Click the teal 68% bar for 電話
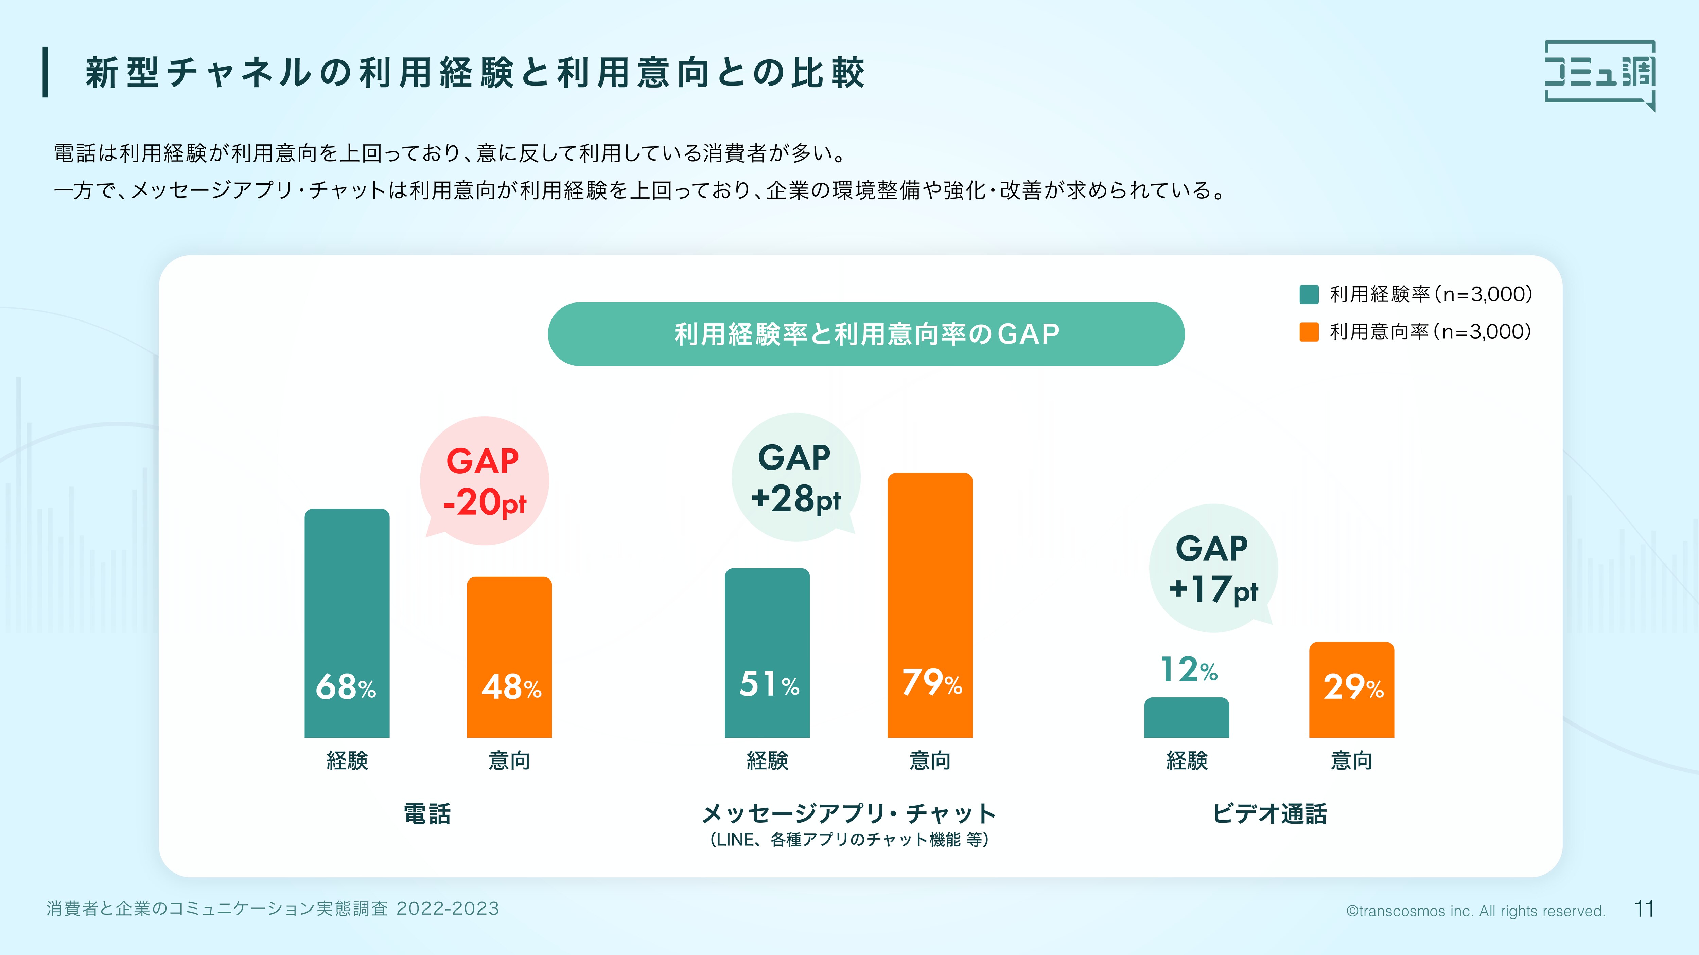coord(347,623)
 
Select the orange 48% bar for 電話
coord(509,657)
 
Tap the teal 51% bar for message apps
coord(767,653)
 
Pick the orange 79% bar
coord(930,605)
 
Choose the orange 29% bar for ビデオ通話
coord(1351,690)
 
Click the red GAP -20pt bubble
coord(485,480)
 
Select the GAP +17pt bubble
coord(1213,568)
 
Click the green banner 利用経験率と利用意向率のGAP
coord(866,334)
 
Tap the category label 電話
coord(427,814)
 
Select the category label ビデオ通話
coord(1269,814)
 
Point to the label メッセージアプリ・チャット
coord(849,814)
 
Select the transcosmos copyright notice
coord(1475,911)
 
